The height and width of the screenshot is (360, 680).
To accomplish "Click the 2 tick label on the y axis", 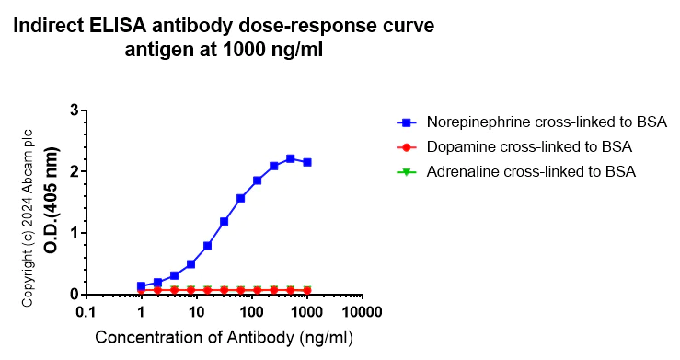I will [x=73, y=171].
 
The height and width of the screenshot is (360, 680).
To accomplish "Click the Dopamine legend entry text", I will [x=529, y=146].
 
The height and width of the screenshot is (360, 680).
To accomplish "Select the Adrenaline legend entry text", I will [x=532, y=171].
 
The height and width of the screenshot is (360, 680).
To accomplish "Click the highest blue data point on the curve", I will [x=291, y=158].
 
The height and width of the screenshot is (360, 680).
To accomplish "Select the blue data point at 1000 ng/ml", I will [x=307, y=162].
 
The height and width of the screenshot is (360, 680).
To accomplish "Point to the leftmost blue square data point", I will [x=141, y=285].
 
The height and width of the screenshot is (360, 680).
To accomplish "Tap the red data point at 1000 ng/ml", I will [x=307, y=290].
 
